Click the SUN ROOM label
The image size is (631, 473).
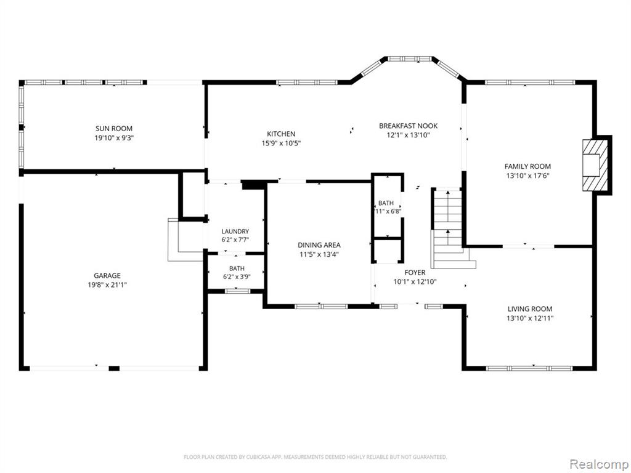tap(114, 129)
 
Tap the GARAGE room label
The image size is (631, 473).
tap(107, 275)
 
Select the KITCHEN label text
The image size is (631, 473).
tap(281, 134)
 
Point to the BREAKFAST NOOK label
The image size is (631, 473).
tap(409, 126)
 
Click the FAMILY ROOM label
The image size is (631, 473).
tap(528, 166)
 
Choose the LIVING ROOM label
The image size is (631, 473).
tap(530, 309)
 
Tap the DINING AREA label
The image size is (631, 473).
tap(319, 245)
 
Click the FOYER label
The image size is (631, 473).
tap(415, 273)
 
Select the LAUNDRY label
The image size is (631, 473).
tap(235, 232)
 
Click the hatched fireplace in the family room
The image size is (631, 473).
tap(596, 165)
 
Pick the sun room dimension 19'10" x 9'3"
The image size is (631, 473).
tap(114, 138)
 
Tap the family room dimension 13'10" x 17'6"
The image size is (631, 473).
tap(528, 176)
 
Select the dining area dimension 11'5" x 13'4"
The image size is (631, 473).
tap(319, 254)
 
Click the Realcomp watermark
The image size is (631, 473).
tap(598, 464)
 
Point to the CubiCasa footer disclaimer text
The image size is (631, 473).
tap(315, 458)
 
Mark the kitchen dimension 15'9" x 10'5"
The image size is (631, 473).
tap(281, 143)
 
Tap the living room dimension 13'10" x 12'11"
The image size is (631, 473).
tap(530, 318)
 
